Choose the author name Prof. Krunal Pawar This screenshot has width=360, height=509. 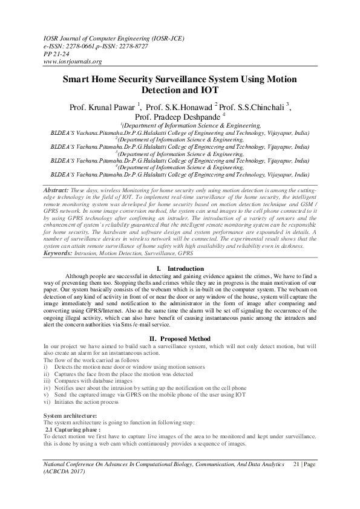coord(107,106)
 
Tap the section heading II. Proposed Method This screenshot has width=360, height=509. coord(180,339)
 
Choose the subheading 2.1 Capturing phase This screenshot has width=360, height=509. coord(73,429)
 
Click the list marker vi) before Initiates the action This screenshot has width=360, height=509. coord(48,401)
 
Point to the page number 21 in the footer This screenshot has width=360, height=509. coord(296,462)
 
